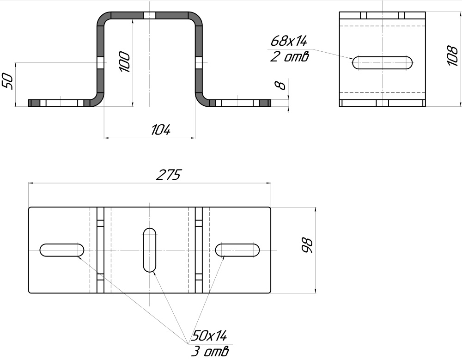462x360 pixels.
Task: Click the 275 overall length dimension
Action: click(x=168, y=175)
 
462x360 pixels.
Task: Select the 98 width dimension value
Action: click(x=307, y=245)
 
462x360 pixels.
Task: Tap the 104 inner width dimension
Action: click(x=161, y=130)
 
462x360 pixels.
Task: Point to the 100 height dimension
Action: click(x=124, y=62)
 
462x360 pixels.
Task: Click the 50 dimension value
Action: click(x=7, y=82)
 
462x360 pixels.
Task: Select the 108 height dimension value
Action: click(x=452, y=55)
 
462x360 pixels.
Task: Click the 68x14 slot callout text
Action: click(x=288, y=41)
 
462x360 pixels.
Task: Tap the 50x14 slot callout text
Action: click(x=209, y=336)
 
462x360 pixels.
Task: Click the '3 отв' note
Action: click(x=209, y=351)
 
